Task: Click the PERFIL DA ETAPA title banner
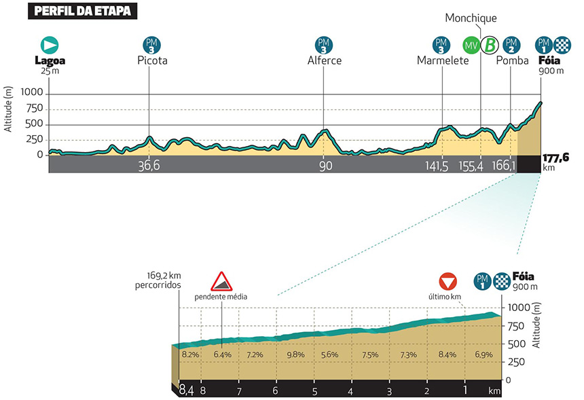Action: click(x=80, y=12)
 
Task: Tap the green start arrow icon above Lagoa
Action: click(x=50, y=45)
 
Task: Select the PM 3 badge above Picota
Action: click(x=151, y=45)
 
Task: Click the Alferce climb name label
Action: click(x=324, y=61)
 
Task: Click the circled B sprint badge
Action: click(x=488, y=45)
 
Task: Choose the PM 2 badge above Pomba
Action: click(x=511, y=45)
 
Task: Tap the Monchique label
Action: click(x=471, y=18)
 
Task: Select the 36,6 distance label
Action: click(x=149, y=166)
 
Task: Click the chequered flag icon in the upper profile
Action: click(x=562, y=45)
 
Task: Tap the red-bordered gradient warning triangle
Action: click(x=221, y=281)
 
